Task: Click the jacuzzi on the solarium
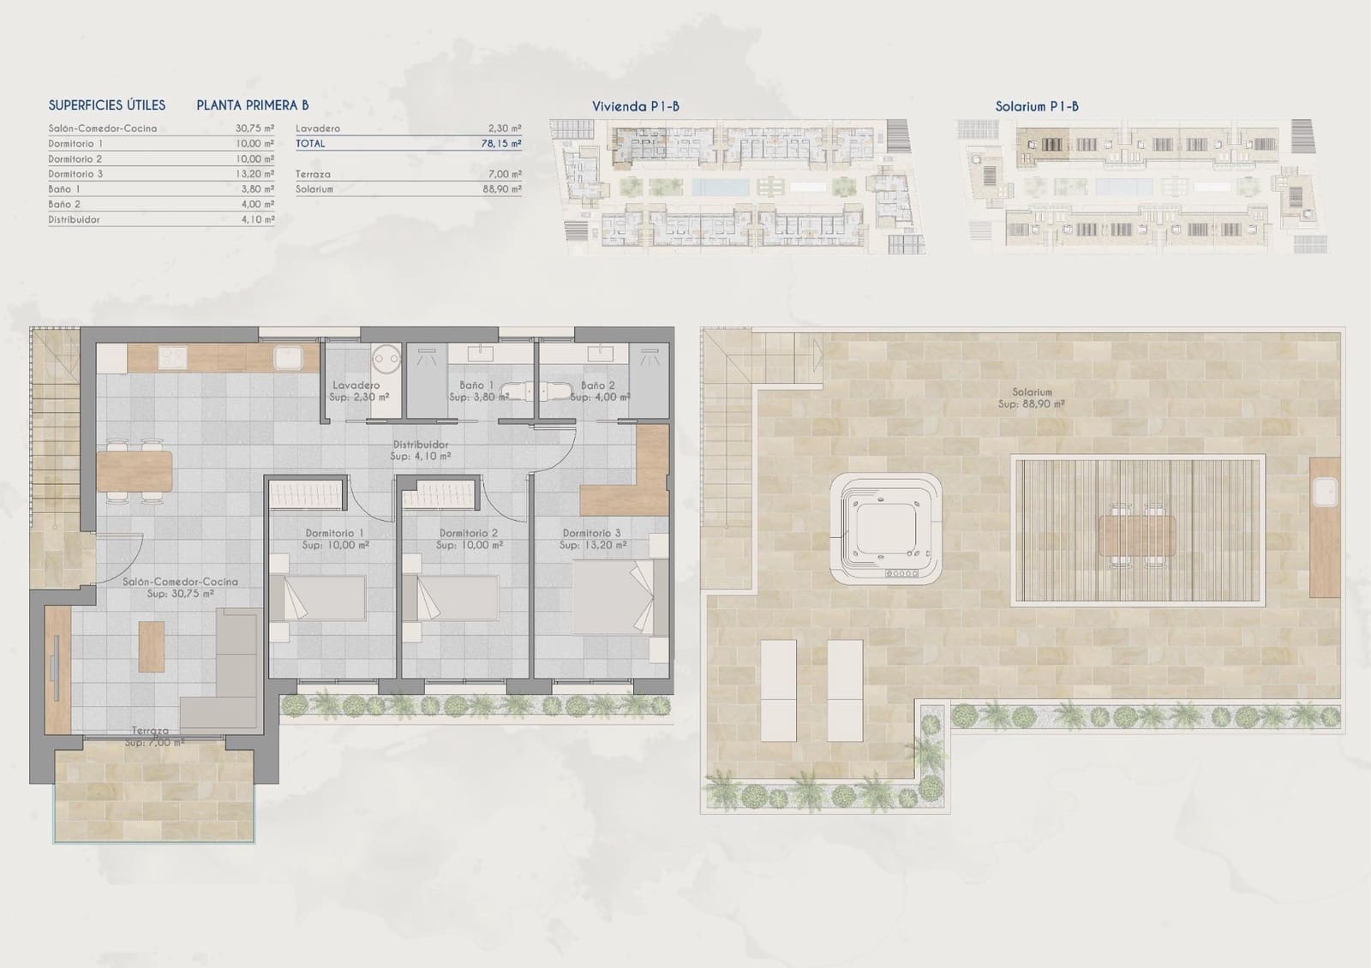coord(885,530)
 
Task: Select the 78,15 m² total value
coord(501,144)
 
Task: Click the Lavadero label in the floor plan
coord(356,386)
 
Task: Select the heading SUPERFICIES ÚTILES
coord(107,105)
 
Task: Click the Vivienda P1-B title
coord(636,106)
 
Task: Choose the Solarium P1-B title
coord(1037,106)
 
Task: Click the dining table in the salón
coord(135,470)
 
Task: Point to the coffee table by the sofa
coord(152,647)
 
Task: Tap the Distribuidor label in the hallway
coord(421,445)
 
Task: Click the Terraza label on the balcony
coord(150,732)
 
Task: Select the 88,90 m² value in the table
coord(501,189)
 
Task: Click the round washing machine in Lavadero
coord(386,357)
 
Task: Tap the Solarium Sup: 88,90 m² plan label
coord(1032,397)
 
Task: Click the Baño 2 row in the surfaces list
coord(161,205)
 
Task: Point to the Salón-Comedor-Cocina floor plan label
coord(180,587)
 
